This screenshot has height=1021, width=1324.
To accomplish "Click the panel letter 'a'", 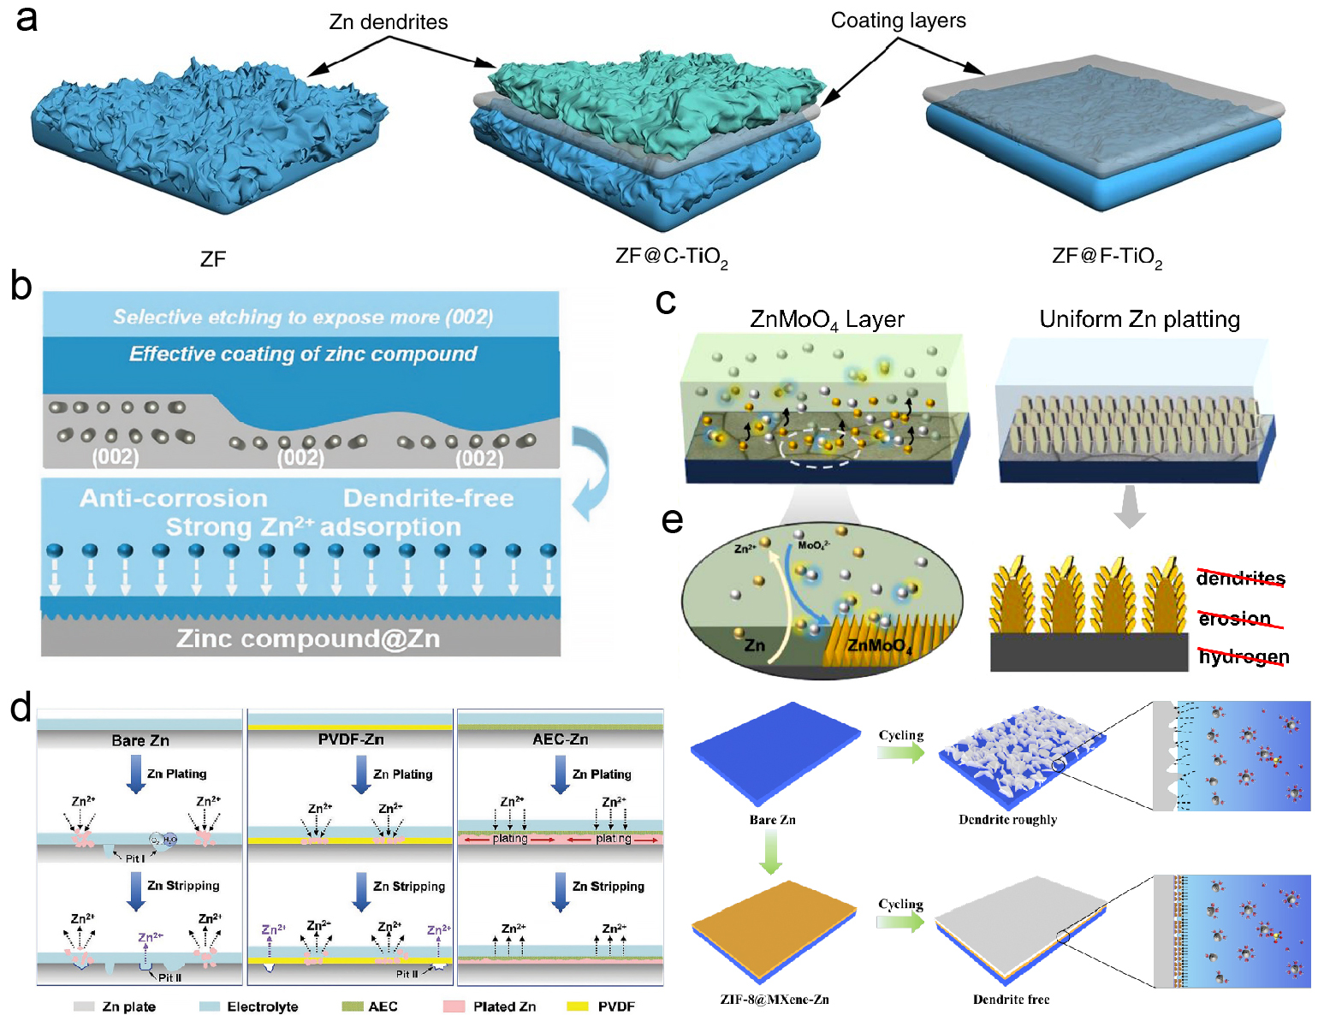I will [27, 18].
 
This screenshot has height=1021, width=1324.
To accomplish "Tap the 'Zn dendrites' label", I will [389, 22].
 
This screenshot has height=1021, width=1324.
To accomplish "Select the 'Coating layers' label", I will [898, 21].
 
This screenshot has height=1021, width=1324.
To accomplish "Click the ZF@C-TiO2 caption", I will [671, 257].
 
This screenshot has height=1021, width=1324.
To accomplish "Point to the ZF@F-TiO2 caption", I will [1107, 257].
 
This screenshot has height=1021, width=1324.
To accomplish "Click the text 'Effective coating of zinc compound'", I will [303, 354].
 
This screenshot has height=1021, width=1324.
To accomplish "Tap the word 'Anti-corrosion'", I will [174, 498].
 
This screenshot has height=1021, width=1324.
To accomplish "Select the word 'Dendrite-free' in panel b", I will [428, 498].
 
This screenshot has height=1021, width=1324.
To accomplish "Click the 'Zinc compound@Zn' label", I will [308, 639].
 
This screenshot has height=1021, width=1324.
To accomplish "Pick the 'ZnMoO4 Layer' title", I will [827, 320].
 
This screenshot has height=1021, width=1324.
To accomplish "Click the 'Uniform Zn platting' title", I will [1139, 319].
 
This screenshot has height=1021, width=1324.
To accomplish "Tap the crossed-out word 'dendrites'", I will [1240, 579].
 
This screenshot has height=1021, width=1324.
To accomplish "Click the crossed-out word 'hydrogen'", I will [1244, 656].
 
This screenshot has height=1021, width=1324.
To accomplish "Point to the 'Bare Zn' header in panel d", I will [140, 740].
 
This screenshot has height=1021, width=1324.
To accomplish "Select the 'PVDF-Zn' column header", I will [351, 739].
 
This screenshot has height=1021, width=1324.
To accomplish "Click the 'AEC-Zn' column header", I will [561, 739].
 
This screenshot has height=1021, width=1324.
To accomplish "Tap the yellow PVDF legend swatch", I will [578, 1006].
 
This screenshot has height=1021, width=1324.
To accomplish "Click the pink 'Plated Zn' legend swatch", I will [454, 1006].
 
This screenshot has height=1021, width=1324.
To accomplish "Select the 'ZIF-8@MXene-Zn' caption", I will [774, 1000].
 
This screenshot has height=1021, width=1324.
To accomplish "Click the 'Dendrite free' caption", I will [1011, 1000].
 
